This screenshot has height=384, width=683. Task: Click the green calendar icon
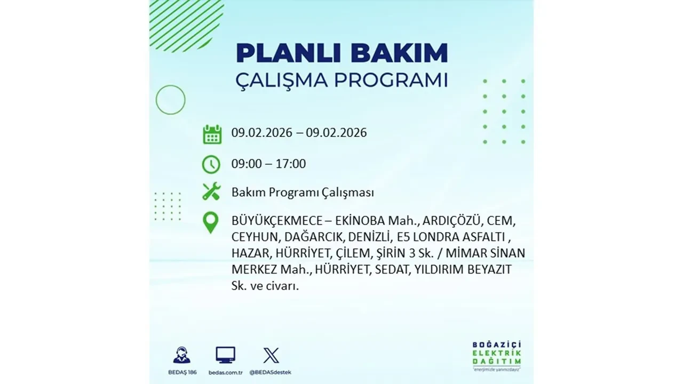click(212, 134)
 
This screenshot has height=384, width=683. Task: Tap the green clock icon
click(211, 164)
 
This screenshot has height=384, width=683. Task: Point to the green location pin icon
click(211, 222)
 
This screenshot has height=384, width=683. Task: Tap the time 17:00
click(290, 164)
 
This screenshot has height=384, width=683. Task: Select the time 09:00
click(247, 164)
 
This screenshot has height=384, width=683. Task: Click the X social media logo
click(271, 355)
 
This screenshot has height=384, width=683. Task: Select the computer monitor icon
click(225, 355)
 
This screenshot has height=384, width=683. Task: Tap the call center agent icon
click(181, 355)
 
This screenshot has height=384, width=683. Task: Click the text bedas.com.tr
click(225, 372)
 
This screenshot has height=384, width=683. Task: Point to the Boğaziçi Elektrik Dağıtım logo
click(497, 354)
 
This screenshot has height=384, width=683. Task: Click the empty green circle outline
click(170, 100)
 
